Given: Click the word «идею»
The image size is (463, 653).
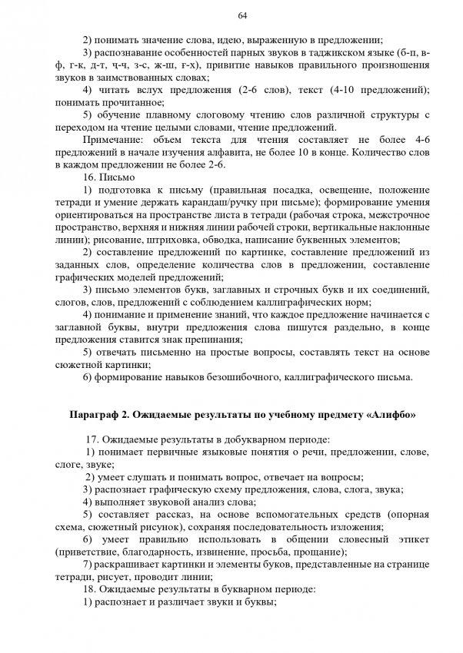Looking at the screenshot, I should [x=214, y=41].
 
